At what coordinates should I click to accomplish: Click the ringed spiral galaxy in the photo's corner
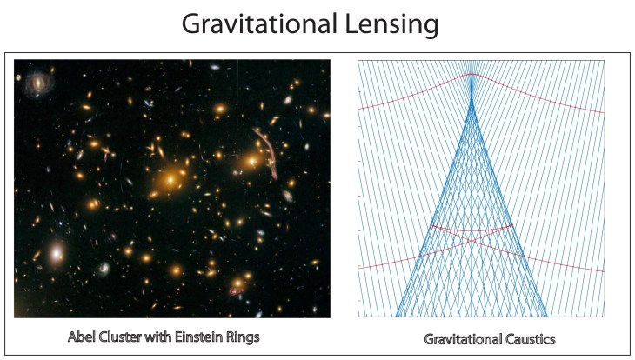coord(37,83)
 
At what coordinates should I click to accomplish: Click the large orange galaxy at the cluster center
coord(171,180)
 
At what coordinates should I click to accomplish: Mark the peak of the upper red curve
coord(471,75)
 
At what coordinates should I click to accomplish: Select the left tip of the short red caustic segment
coord(431,226)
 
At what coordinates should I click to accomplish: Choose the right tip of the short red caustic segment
coord(511,226)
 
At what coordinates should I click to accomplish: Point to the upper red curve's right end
coord(604,112)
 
